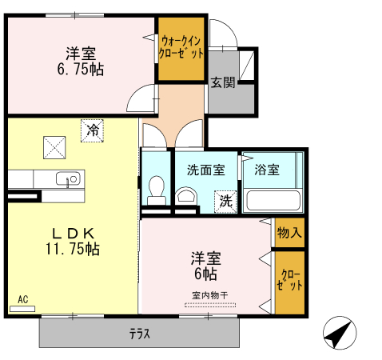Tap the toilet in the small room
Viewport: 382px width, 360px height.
(157, 190)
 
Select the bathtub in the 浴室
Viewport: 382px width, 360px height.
(273, 201)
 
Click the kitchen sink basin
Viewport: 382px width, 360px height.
(68, 178)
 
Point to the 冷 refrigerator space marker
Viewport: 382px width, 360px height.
(92, 130)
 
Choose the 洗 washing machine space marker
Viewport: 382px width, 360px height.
(225, 202)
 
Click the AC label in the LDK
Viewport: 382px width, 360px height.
(23, 299)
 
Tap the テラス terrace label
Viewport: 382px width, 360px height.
(140, 334)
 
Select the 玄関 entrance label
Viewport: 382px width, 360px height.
(223, 82)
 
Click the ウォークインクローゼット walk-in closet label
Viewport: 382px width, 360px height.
(181, 47)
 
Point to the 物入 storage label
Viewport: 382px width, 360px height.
(289, 233)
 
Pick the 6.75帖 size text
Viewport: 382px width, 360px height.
(81, 70)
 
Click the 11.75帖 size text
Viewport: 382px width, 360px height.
(73, 249)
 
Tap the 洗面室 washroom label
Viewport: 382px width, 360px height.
(206, 170)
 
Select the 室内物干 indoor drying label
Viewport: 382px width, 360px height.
(210, 295)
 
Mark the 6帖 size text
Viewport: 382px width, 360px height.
(205, 274)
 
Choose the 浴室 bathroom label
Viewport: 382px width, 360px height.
(267, 170)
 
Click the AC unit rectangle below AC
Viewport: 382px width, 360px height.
(22, 309)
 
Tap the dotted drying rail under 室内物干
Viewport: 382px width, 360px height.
(210, 305)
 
